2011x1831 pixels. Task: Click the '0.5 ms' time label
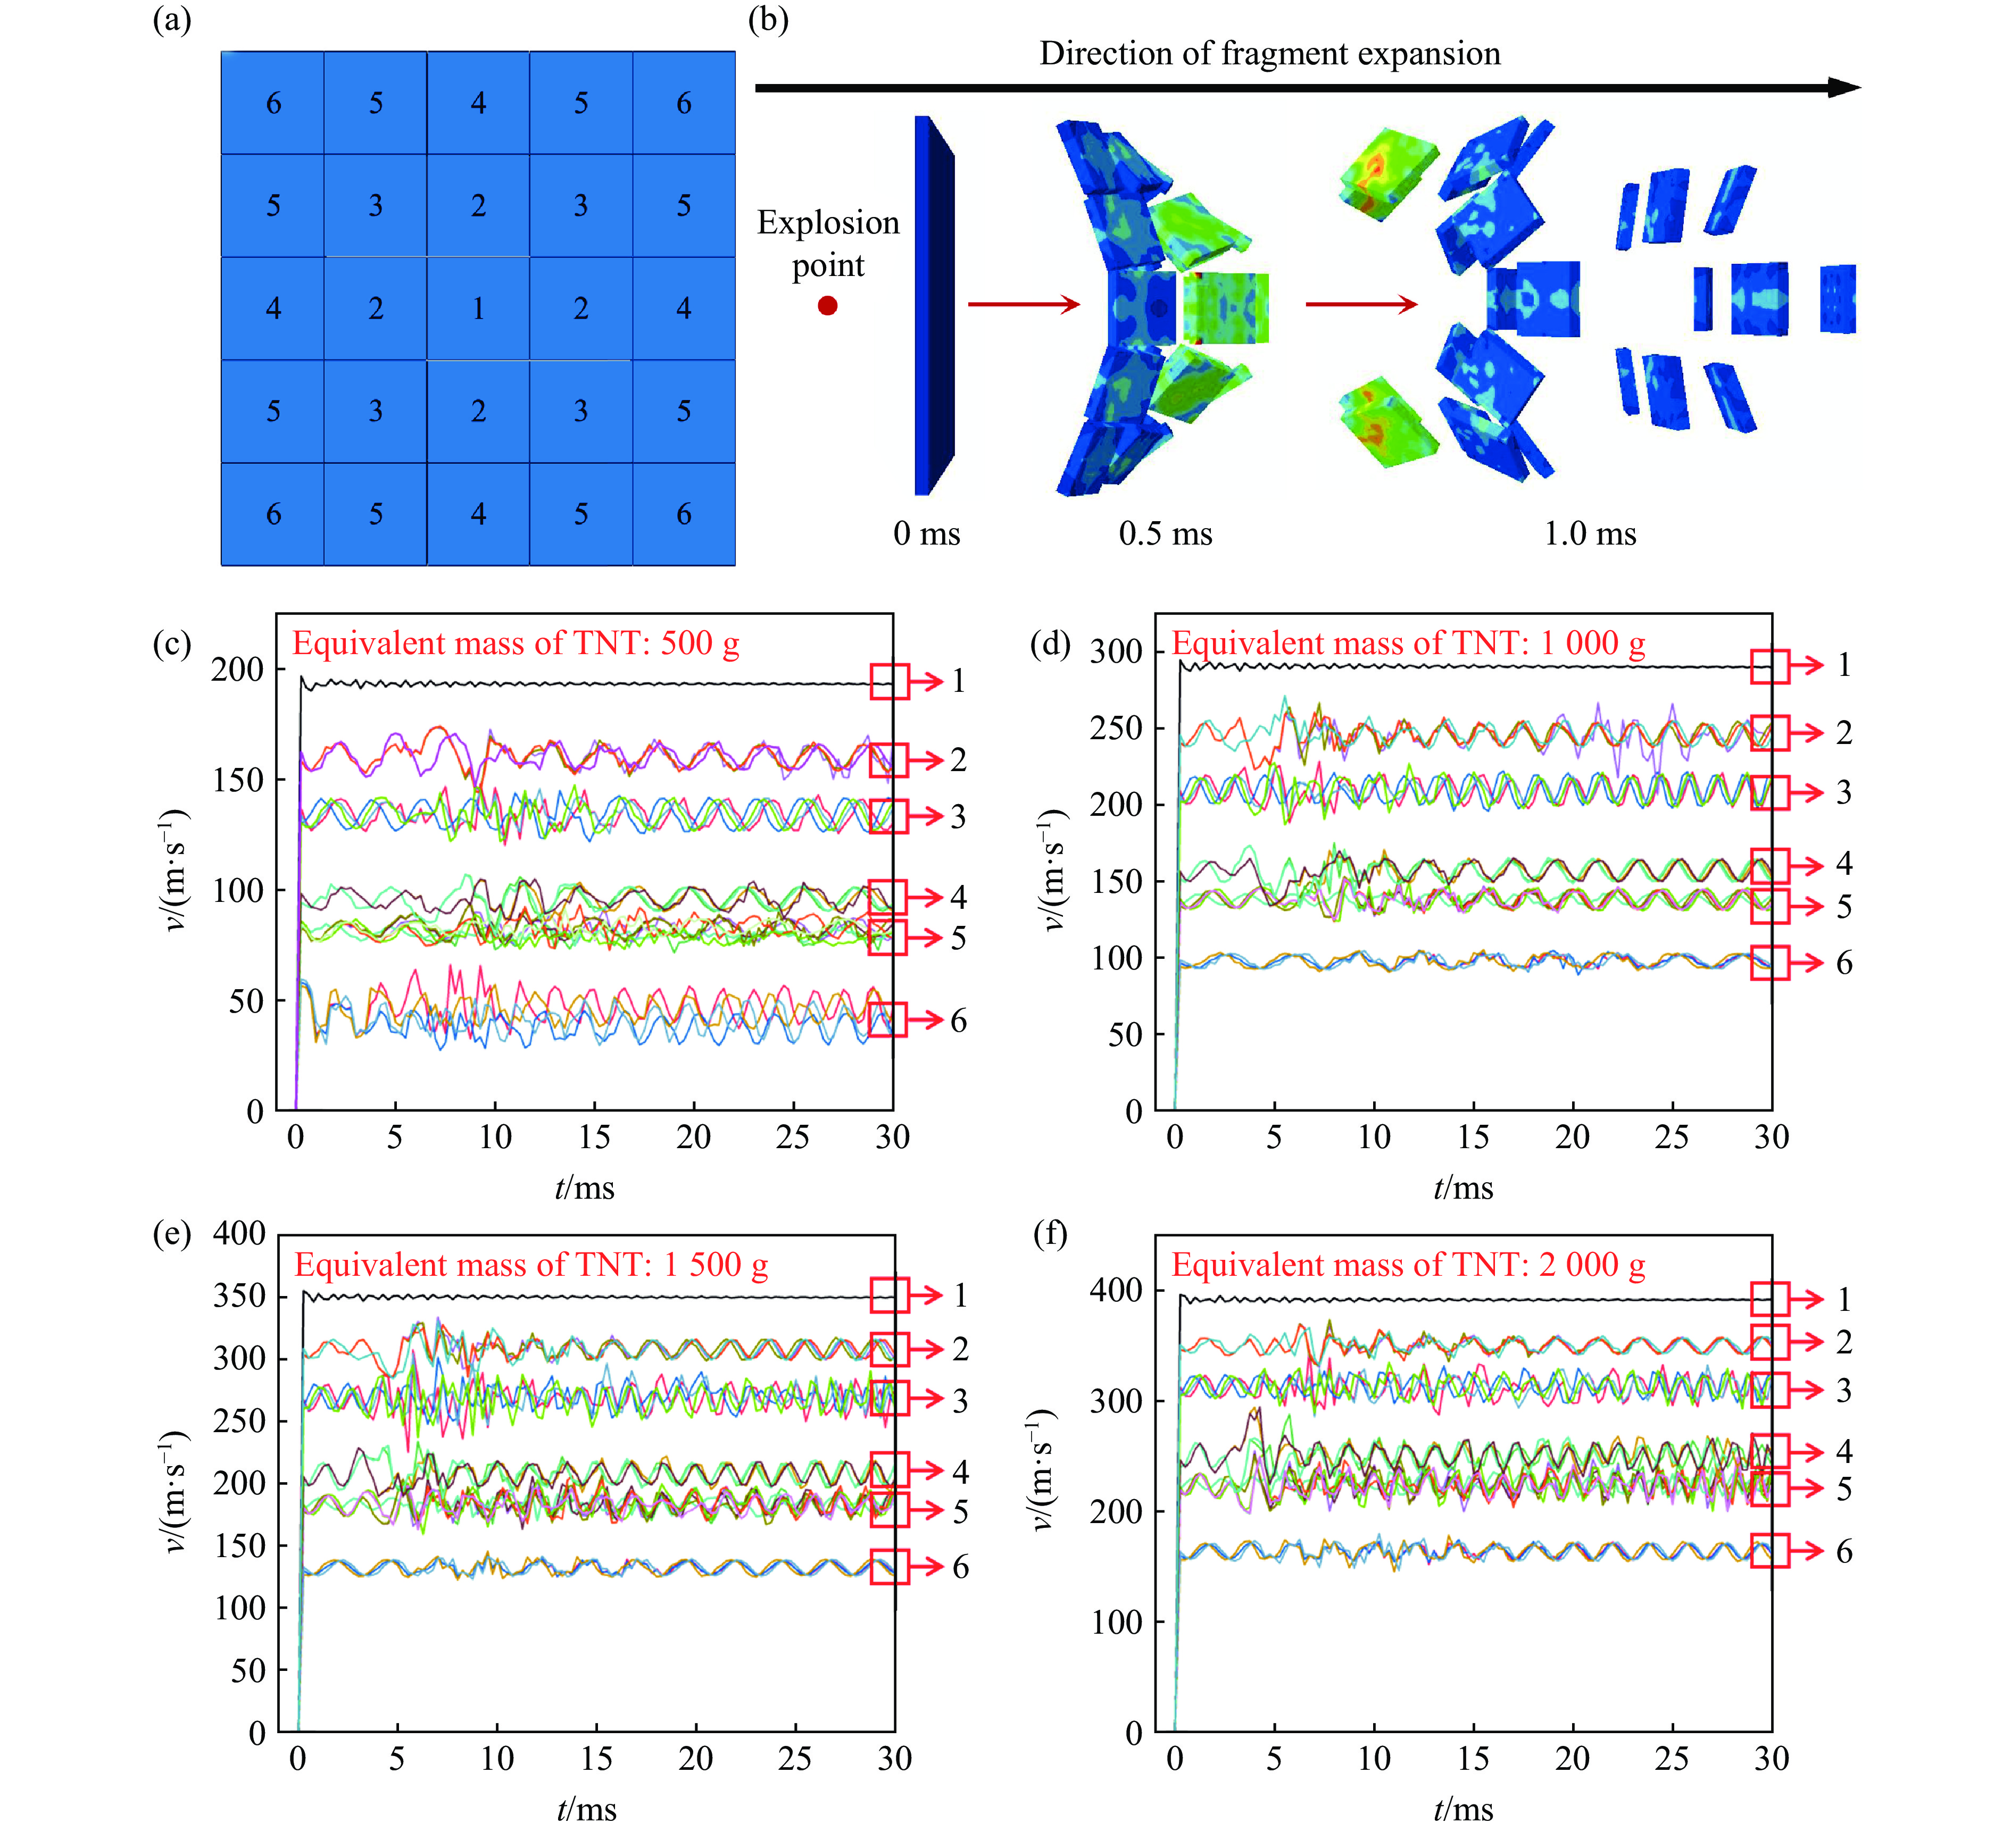[1165, 533]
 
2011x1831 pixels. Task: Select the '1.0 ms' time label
[1590, 533]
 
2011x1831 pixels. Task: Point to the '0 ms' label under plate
[926, 533]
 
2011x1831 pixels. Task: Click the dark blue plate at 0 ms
[933, 305]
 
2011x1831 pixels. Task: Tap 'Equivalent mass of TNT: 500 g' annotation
[516, 643]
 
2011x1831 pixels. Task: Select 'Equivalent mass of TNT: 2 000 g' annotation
[1408, 1265]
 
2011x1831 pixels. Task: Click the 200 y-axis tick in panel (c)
[237, 669]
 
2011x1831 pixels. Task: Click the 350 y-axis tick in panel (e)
[239, 1295]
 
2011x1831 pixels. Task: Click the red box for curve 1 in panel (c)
[889, 682]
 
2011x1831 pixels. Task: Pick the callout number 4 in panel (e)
[960, 1471]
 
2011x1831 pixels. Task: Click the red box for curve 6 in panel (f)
[1769, 1551]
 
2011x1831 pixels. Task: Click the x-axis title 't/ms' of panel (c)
[585, 1188]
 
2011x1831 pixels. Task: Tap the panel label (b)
[768, 20]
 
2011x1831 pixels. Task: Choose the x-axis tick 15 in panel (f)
[1473, 1758]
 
